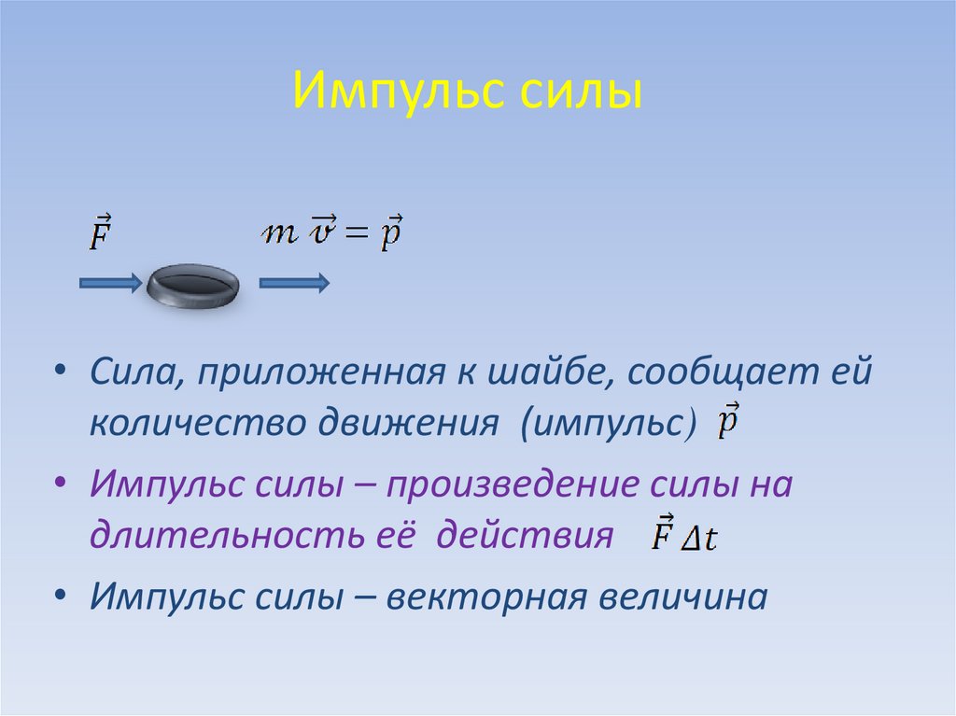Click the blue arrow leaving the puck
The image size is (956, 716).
click(x=293, y=283)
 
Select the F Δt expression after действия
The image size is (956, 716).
click(x=683, y=536)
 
